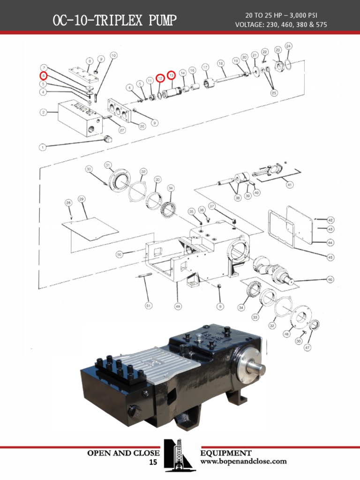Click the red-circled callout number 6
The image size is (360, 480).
click(43, 75)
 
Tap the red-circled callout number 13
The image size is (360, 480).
click(172, 75)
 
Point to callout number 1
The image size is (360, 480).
click(42, 147)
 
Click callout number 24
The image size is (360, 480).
click(289, 46)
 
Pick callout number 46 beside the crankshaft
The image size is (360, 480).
click(330, 279)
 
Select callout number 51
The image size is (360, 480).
click(149, 306)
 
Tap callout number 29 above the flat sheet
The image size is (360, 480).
click(81, 199)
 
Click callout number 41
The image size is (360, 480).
click(289, 185)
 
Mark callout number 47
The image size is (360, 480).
click(307, 347)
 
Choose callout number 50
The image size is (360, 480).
click(120, 254)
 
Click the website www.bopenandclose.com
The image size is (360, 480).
click(243, 461)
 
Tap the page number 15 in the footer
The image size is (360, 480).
click(153, 463)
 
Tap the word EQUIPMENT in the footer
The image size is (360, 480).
click(226, 453)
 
